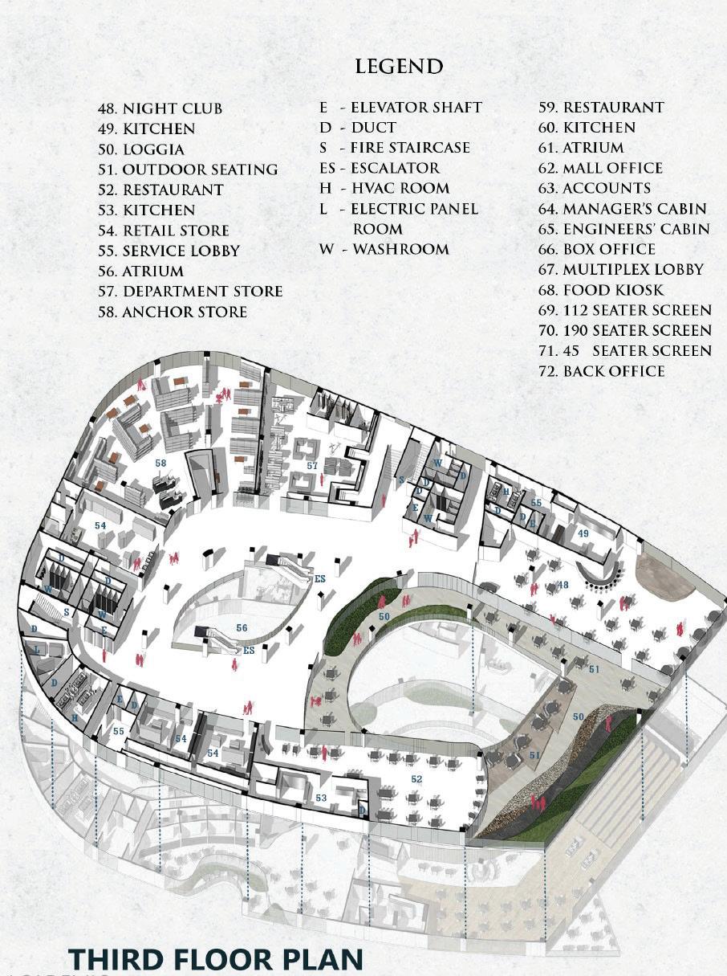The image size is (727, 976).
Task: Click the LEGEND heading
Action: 399,66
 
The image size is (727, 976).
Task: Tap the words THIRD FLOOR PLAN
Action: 216,959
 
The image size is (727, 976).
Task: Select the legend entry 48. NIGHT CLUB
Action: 160,108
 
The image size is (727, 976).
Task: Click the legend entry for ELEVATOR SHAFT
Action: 400,107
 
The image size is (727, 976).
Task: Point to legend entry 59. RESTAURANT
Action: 601,107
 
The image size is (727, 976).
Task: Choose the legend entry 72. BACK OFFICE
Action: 602,371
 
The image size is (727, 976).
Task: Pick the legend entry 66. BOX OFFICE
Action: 597,249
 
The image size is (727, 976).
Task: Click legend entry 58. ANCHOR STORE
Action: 173,312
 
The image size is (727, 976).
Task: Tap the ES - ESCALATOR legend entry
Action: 380,168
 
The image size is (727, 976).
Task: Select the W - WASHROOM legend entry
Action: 384,249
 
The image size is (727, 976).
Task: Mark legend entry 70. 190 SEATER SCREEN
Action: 625,330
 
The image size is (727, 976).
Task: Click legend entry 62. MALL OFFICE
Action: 601,168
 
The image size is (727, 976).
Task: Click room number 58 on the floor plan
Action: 161,463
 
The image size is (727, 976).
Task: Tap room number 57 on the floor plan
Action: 312,466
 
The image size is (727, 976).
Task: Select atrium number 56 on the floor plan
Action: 242,627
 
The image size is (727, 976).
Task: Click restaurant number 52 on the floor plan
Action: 416,779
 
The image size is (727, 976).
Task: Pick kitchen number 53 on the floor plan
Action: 321,798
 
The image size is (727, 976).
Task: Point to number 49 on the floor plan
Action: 583,533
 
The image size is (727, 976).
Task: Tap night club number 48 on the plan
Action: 563,585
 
